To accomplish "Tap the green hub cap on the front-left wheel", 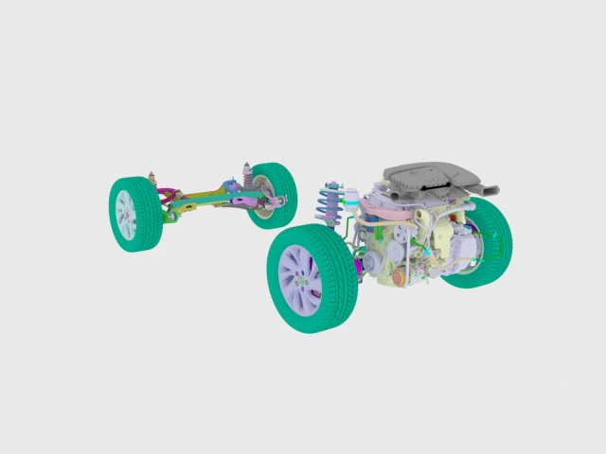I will (302, 281).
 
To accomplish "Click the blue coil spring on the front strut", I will (330, 202).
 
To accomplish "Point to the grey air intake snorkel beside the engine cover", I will (483, 188).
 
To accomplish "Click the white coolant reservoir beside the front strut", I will (351, 200).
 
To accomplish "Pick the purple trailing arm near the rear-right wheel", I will (242, 200).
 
